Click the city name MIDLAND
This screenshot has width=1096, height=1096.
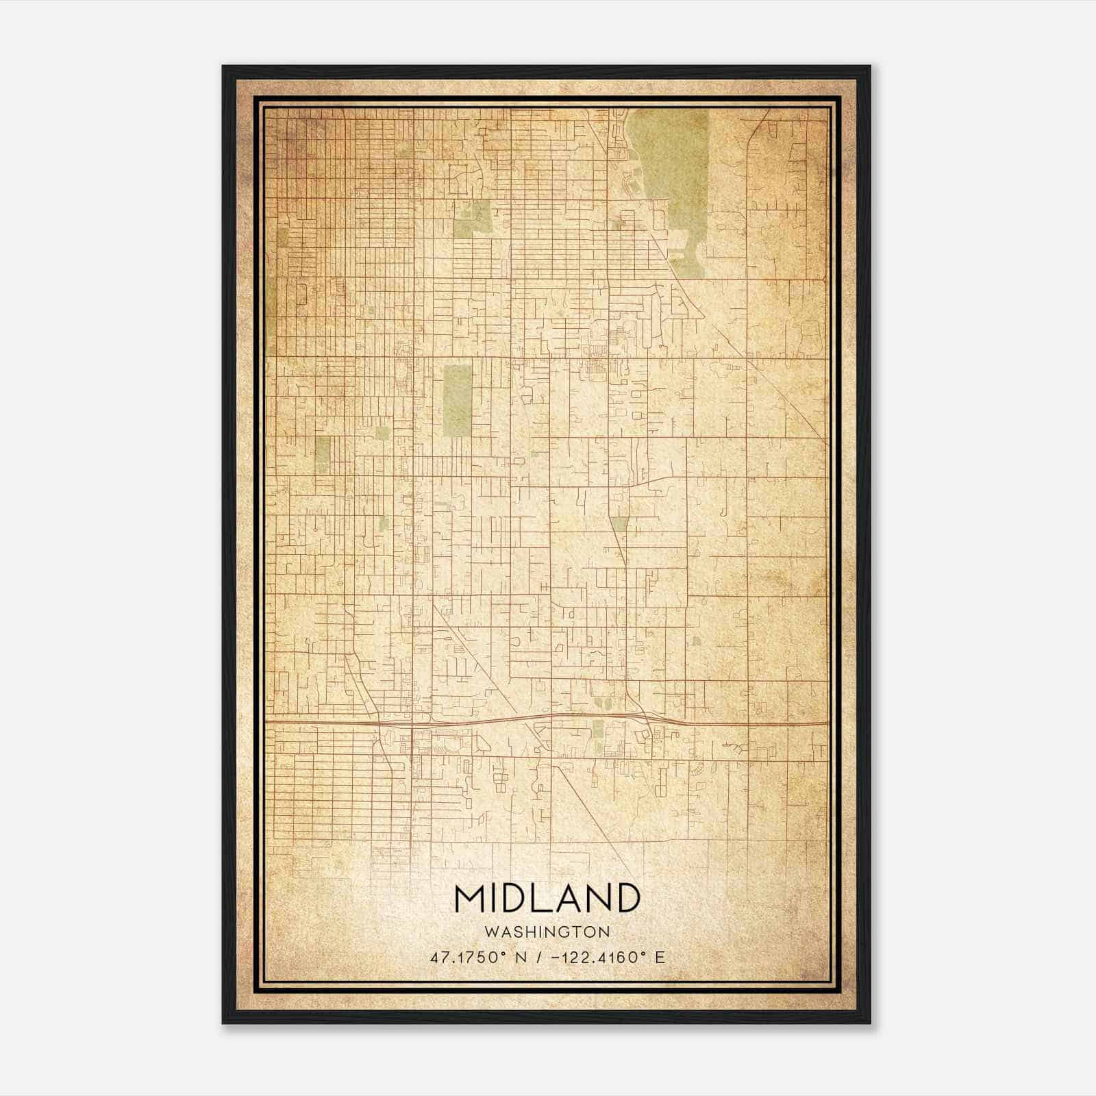[547, 898]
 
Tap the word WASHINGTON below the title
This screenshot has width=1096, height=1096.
[547, 932]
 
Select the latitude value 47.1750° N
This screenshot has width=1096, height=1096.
[479, 957]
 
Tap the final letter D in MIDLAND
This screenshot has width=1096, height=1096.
[626, 898]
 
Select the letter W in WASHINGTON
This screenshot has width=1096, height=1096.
[489, 932]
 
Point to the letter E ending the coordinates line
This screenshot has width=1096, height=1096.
[660, 957]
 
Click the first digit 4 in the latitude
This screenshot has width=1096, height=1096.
[434, 957]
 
